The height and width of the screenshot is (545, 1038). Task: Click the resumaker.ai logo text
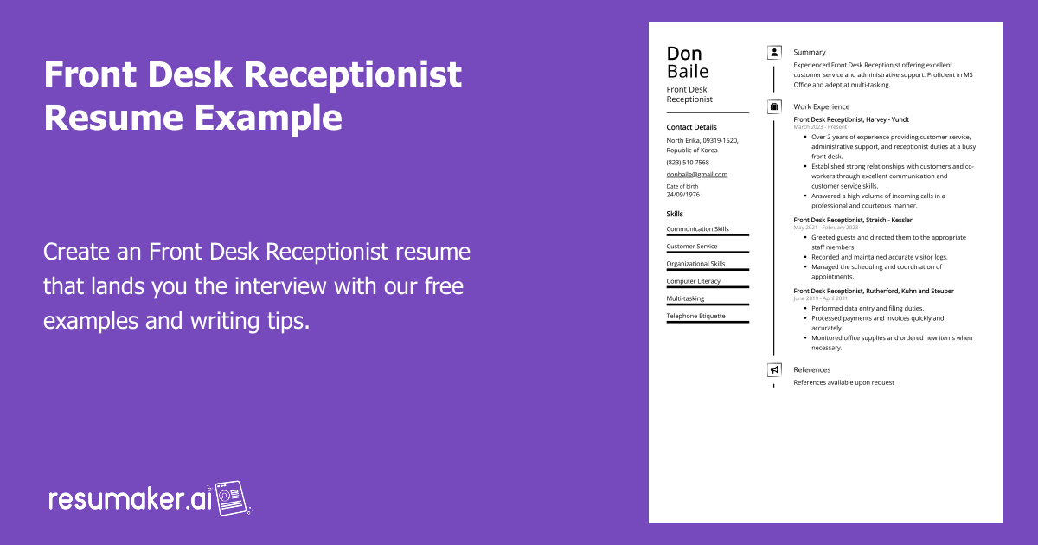(130, 499)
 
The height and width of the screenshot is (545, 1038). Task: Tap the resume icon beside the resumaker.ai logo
(233, 498)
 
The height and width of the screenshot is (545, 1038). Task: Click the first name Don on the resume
(684, 54)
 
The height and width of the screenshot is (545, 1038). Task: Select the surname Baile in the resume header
(687, 72)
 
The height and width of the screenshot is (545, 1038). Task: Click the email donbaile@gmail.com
(696, 174)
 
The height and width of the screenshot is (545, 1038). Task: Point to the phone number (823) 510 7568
(687, 163)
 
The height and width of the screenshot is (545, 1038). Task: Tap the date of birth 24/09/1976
(682, 195)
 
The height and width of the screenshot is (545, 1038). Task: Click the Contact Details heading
(691, 127)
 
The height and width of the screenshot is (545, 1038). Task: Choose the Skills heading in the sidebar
(675, 214)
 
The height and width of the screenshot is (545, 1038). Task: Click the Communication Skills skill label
(697, 229)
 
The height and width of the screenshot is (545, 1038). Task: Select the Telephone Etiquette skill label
(695, 316)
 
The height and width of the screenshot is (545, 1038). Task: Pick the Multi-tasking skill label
(685, 298)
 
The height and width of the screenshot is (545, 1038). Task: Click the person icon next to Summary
(774, 53)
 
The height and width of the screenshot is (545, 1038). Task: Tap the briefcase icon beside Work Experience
(774, 107)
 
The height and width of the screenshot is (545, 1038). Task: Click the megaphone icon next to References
(774, 370)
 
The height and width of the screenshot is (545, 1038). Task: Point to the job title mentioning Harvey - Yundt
(850, 119)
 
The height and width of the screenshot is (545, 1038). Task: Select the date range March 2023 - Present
(820, 127)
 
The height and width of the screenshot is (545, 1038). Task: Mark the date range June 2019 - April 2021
(820, 298)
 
